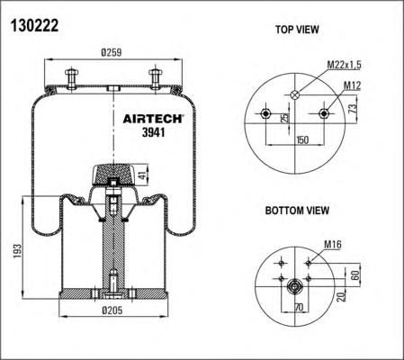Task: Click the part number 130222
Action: [34, 25]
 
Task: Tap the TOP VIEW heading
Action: [297, 30]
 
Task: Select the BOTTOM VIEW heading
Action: [297, 211]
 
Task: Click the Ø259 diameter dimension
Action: [112, 52]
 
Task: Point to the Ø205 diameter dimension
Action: [112, 310]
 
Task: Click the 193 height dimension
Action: [17, 251]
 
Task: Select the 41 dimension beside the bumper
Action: [144, 175]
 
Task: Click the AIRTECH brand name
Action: [153, 119]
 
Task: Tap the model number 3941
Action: [154, 132]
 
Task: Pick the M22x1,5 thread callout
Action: [344, 65]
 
